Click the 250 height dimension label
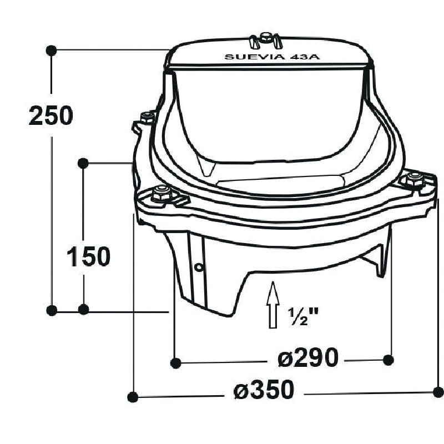click(x=51, y=115)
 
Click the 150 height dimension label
click(x=89, y=256)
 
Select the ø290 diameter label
click(x=308, y=357)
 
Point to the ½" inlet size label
click(x=302, y=316)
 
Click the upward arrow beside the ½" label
click(x=273, y=305)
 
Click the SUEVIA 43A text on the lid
click(x=272, y=57)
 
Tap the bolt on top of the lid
click(x=265, y=38)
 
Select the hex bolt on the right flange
click(x=415, y=179)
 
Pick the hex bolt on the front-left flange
click(x=162, y=194)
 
